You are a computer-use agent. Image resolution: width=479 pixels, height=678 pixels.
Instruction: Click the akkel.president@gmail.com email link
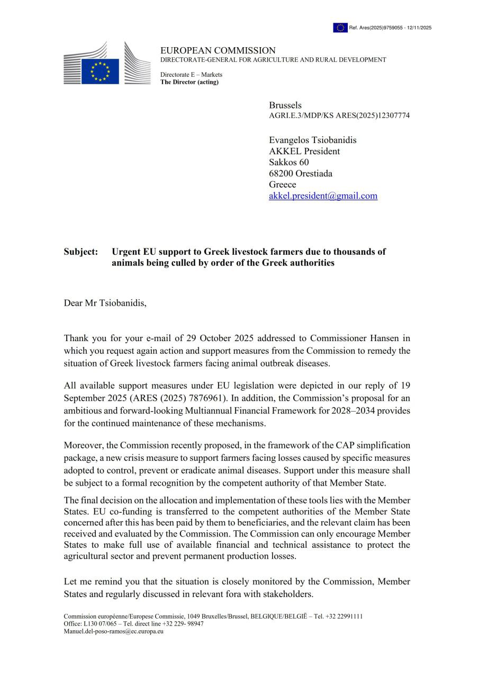click(x=323, y=196)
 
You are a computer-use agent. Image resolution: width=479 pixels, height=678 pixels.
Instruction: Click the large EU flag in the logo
click(x=100, y=71)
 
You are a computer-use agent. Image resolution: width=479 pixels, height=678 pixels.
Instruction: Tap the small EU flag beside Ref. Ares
click(x=340, y=28)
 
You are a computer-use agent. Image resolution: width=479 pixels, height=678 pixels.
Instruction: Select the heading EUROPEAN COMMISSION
click(x=218, y=51)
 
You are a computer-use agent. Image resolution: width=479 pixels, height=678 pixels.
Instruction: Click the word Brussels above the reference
click(x=285, y=105)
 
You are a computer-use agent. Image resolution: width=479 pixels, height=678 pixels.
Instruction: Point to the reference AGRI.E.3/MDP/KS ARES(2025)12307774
click(x=339, y=115)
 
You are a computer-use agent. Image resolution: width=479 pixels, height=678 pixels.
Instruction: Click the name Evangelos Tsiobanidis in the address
click(x=312, y=140)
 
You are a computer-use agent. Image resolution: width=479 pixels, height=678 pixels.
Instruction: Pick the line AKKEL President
click(x=304, y=151)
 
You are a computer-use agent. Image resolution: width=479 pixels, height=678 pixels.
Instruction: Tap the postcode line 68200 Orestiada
click(x=301, y=174)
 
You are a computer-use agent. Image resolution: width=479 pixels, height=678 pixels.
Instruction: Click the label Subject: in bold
click(x=81, y=252)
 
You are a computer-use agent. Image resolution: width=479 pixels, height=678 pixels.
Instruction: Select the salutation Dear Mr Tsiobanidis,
click(x=105, y=304)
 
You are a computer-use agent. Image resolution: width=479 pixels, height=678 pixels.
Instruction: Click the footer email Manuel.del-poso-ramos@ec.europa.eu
click(x=113, y=632)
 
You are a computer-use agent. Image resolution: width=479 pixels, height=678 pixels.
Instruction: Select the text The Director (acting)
click(x=189, y=82)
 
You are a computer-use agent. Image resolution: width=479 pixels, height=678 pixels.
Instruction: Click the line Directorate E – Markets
click(x=191, y=75)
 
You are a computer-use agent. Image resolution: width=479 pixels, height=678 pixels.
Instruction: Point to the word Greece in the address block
click(x=283, y=185)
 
